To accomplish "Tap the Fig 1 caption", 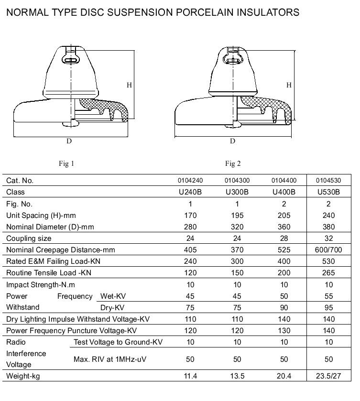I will point(66,164).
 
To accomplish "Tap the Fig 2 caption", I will point(233,164).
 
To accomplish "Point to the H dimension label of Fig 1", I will point(129,85).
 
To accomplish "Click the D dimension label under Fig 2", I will point(233,141).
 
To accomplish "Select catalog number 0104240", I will point(190,181).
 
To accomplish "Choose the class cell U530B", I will point(328,192).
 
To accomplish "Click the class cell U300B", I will point(237,192).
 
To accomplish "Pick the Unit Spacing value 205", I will point(284,216).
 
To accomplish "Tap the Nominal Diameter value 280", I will point(190,227).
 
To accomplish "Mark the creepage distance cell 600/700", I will point(328,250).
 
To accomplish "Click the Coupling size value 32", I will point(328,238).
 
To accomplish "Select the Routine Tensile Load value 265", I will point(328,273).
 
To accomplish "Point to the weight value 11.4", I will point(190,376).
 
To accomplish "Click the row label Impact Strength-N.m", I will point(41,285).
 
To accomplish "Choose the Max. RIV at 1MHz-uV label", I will point(111,359).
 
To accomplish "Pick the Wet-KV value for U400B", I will point(284,296).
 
